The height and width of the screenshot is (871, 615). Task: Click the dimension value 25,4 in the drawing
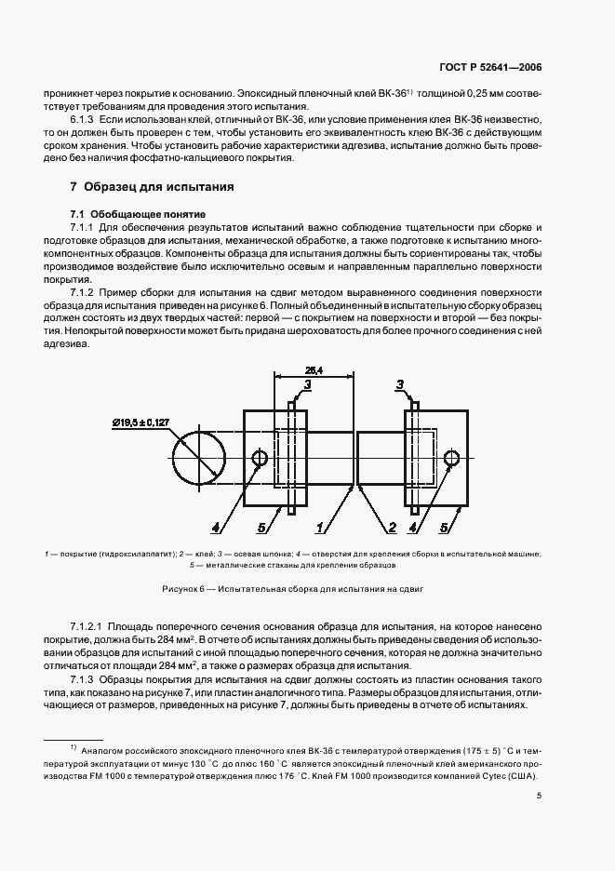pyautogui.click(x=313, y=370)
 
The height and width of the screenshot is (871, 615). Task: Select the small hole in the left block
pyautogui.click(x=260, y=458)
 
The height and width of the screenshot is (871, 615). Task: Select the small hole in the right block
pyautogui.click(x=453, y=458)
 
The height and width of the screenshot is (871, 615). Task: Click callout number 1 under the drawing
pyautogui.click(x=319, y=529)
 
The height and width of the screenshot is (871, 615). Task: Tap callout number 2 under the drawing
pyautogui.click(x=392, y=529)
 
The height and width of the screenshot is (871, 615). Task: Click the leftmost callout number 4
pyautogui.click(x=216, y=529)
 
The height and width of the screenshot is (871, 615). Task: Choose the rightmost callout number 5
pyautogui.click(x=446, y=529)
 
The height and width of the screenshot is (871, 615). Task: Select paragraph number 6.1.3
pyautogui.click(x=85, y=121)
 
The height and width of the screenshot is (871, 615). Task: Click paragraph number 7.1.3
pyautogui.click(x=85, y=680)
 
